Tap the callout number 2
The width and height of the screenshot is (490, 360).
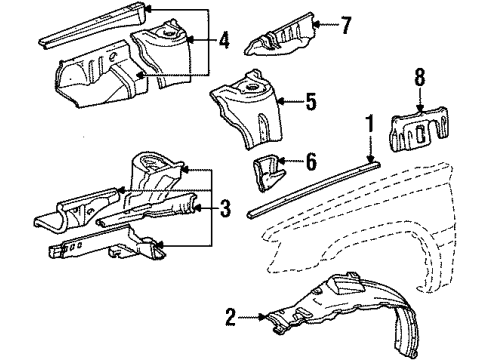pyautogui.click(x=230, y=317)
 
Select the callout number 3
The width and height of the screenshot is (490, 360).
pyautogui.click(x=225, y=208)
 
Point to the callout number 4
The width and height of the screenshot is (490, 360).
pyautogui.click(x=224, y=41)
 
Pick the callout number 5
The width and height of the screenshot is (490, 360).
pyautogui.click(x=310, y=101)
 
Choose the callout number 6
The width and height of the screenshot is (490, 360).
pyautogui.click(x=311, y=162)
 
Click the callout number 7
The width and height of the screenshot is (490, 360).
pyautogui.click(x=345, y=25)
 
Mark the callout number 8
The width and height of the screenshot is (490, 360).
pyautogui.click(x=420, y=77)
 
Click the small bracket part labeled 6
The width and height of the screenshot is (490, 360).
pyautogui.click(x=268, y=172)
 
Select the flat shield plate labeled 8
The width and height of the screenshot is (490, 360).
pyautogui.click(x=419, y=129)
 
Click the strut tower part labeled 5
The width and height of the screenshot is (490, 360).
pyautogui.click(x=248, y=108)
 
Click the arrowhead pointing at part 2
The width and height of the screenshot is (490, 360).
pyautogui.click(x=262, y=317)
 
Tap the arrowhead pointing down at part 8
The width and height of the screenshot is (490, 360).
pyautogui.click(x=420, y=108)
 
